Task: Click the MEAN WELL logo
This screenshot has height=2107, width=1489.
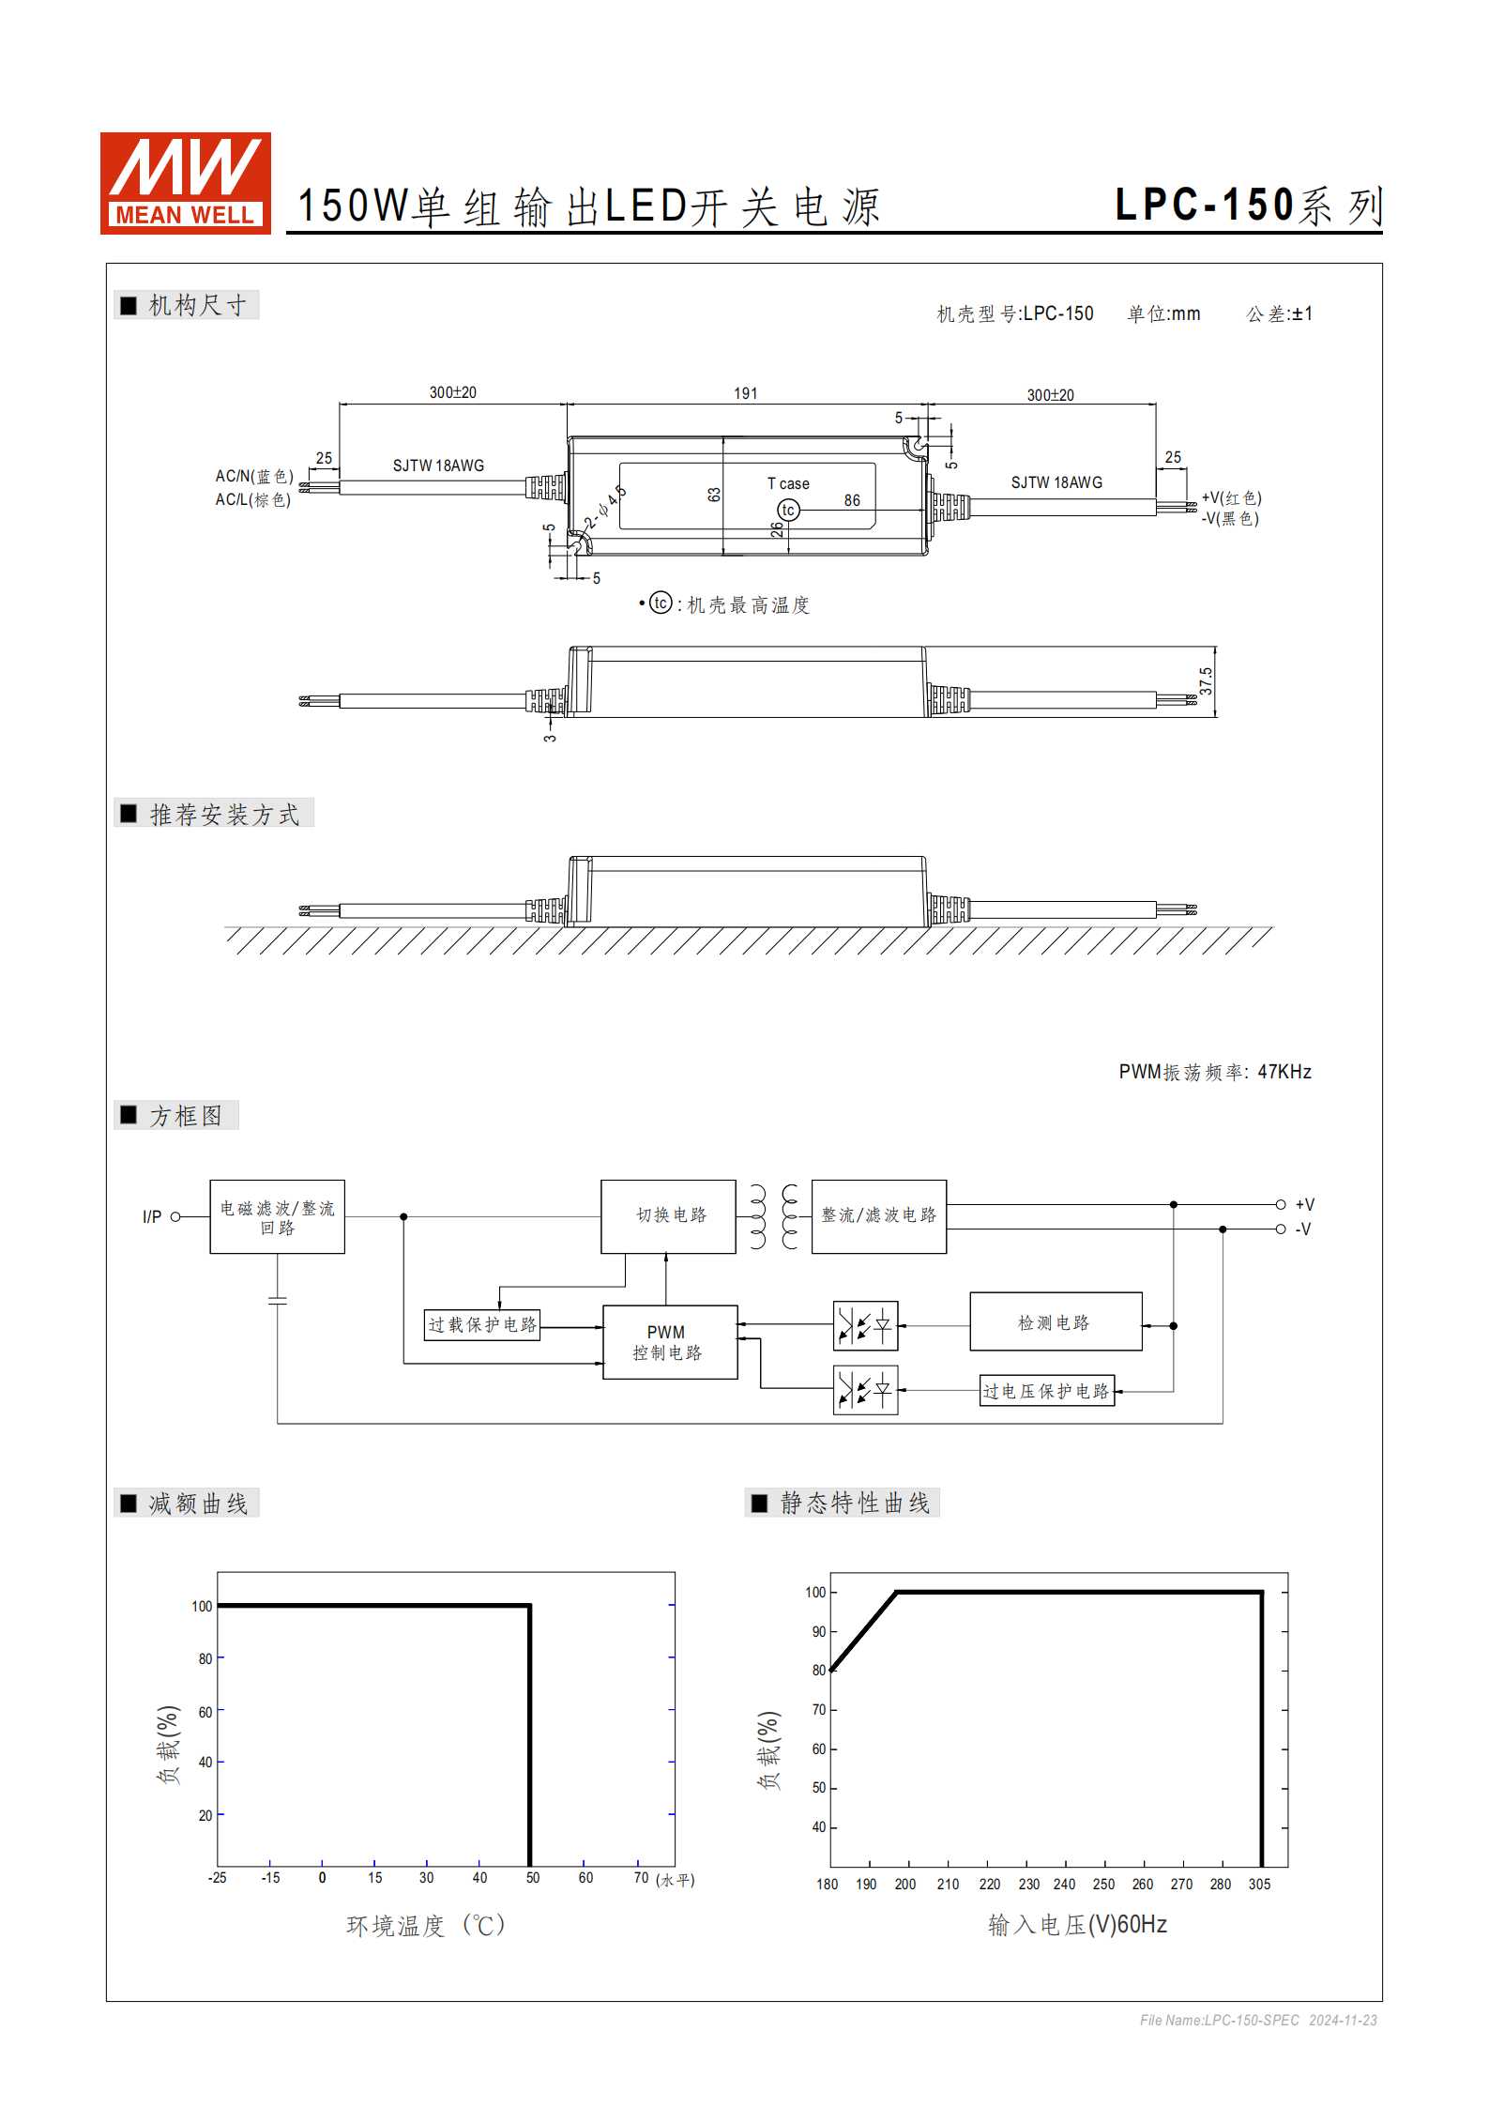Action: [x=185, y=183]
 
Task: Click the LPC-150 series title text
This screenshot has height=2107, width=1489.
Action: [x=1247, y=206]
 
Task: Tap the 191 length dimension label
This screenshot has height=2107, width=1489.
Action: [x=745, y=393]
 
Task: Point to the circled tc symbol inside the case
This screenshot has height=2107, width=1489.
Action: [x=788, y=510]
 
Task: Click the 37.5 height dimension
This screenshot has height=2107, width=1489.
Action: [x=1206, y=680]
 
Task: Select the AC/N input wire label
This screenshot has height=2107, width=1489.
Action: [x=254, y=476]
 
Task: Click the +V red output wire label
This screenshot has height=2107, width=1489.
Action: [x=1231, y=497]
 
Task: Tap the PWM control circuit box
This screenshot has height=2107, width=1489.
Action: [x=669, y=1342]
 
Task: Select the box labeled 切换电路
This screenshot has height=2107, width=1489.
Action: [x=668, y=1215]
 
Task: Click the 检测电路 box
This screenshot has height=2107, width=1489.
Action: [x=1056, y=1321]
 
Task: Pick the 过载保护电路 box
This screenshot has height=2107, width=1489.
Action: [x=482, y=1324]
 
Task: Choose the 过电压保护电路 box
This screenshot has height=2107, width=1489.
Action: [x=1047, y=1391]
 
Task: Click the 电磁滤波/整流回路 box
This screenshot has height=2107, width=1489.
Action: [x=277, y=1216]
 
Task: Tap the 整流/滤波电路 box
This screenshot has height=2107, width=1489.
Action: [x=878, y=1215]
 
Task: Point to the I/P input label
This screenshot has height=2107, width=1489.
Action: [x=152, y=1217]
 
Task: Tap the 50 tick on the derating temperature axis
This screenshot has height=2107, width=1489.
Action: [x=532, y=1878]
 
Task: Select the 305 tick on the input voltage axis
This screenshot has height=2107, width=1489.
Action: [x=1259, y=1885]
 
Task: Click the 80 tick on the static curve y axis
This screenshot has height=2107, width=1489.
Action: [x=819, y=1671]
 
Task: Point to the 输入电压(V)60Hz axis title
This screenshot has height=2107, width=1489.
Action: [x=1077, y=1925]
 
